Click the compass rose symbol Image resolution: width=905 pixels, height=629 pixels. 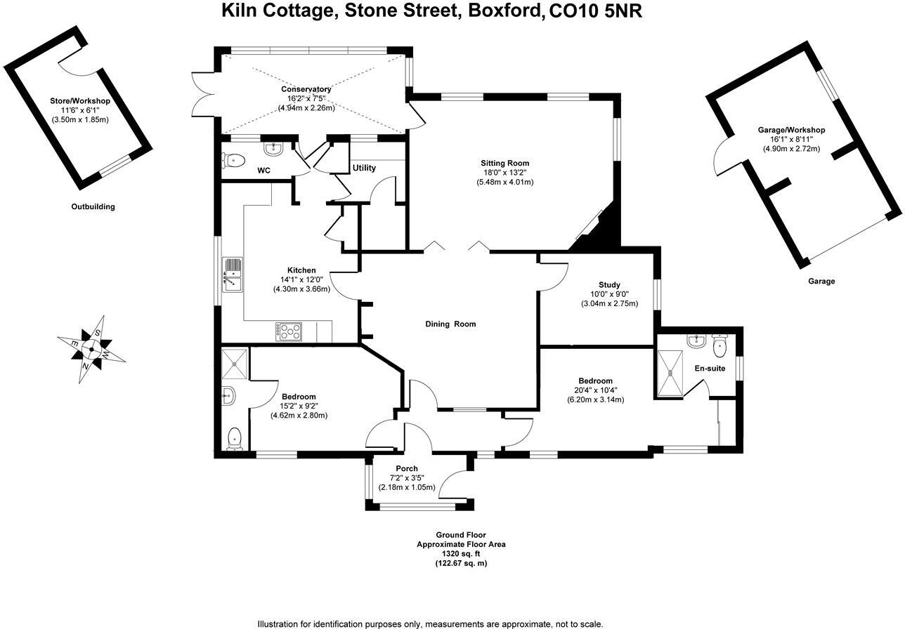coord(92,349)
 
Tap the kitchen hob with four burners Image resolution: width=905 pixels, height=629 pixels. coord(289,332)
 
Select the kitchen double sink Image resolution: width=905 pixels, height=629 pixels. coord(233,275)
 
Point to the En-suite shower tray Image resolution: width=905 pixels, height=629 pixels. coord(670,374)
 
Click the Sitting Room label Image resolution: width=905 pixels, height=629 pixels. coord(504,163)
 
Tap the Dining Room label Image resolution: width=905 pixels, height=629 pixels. coord(450,324)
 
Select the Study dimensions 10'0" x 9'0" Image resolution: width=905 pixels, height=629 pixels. coord(609,294)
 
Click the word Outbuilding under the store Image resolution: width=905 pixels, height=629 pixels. coord(93,206)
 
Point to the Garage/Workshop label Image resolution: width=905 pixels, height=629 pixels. coord(791,130)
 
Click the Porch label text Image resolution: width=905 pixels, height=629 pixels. coord(407,468)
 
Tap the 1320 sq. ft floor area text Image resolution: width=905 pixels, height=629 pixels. coord(461,554)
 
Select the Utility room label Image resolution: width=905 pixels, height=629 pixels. coord(364,168)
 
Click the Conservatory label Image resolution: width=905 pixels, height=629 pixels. coord(306,89)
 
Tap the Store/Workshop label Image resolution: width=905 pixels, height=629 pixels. coord(80,101)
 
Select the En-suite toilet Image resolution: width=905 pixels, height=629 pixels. coord(720,345)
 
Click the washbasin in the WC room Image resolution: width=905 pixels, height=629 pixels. coord(273,149)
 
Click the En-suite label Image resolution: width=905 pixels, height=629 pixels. coord(710,368)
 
